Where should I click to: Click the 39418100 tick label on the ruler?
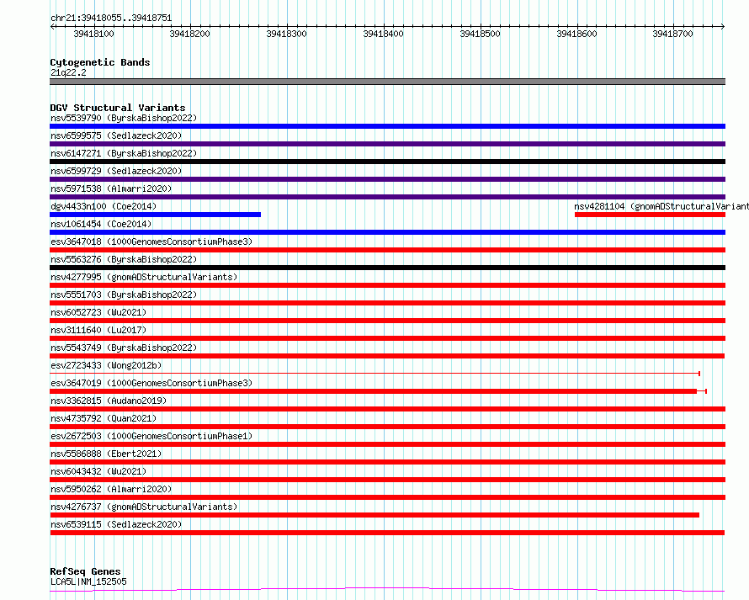tap(93, 34)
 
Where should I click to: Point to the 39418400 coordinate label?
tap(383, 34)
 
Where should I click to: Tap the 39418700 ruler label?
tap(672, 34)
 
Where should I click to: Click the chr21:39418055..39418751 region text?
tap(111, 19)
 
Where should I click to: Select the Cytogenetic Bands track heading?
tap(100, 62)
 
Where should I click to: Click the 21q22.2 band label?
tap(68, 72)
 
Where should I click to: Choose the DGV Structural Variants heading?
tap(118, 108)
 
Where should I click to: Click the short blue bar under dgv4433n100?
tap(155, 215)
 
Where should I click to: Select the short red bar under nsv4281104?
tap(650, 215)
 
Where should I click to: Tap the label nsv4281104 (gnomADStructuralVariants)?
tap(661, 206)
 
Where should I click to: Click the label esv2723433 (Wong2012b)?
tap(106, 365)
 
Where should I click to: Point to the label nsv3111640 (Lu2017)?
tap(98, 330)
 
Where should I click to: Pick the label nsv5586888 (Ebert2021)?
tap(106, 454)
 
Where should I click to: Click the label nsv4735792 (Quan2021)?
tap(104, 418)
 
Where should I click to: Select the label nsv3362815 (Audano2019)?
tap(109, 401)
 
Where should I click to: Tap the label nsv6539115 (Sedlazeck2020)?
tap(116, 524)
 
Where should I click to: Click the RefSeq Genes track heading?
tap(85, 571)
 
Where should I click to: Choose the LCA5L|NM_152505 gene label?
tap(88, 581)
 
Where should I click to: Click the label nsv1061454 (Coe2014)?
tap(101, 224)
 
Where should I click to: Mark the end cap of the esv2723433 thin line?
tap(699, 373)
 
